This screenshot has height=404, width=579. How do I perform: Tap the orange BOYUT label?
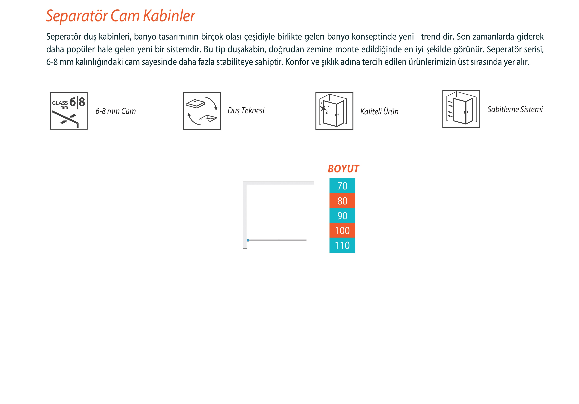(x=343, y=169)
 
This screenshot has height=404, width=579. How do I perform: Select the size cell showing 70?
(x=342, y=186)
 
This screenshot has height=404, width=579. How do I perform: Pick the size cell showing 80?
(x=342, y=200)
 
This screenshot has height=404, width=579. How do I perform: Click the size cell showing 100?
(x=342, y=230)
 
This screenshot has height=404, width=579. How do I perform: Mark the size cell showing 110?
(x=342, y=245)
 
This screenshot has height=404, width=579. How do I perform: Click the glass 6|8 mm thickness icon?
(x=69, y=111)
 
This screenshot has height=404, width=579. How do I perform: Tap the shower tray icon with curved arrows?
(x=202, y=111)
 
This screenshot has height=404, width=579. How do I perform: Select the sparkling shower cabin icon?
(x=334, y=111)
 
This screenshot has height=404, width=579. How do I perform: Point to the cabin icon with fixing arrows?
(x=461, y=109)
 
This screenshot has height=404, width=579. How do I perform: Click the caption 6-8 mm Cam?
(x=116, y=111)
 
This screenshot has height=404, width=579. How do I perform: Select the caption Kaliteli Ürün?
(x=379, y=112)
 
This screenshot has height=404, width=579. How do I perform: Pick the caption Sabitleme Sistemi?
(x=515, y=109)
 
